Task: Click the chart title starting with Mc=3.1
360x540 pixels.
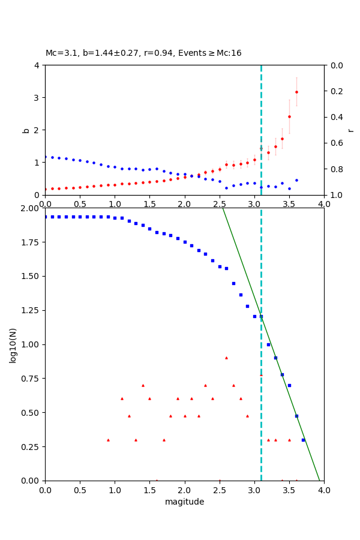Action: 143,53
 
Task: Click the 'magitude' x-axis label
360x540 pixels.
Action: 184,502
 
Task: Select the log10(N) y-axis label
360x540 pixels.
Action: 13,344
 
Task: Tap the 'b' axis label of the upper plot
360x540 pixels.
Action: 26,130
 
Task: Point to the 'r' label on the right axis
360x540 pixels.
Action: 350,130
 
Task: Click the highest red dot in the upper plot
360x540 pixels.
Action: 296,92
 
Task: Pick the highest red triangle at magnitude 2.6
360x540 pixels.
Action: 226,358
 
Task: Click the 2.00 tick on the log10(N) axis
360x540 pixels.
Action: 30,208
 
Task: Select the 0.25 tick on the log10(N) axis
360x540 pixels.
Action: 30,446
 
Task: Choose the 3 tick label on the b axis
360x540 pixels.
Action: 38,97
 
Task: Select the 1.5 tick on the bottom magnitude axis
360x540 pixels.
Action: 149,490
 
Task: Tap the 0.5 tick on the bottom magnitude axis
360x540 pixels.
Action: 80,490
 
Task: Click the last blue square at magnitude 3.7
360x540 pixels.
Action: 303,440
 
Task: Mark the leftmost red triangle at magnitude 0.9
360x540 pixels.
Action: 108,440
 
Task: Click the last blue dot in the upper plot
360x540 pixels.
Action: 296,180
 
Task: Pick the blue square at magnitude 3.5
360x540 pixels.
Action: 289,385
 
